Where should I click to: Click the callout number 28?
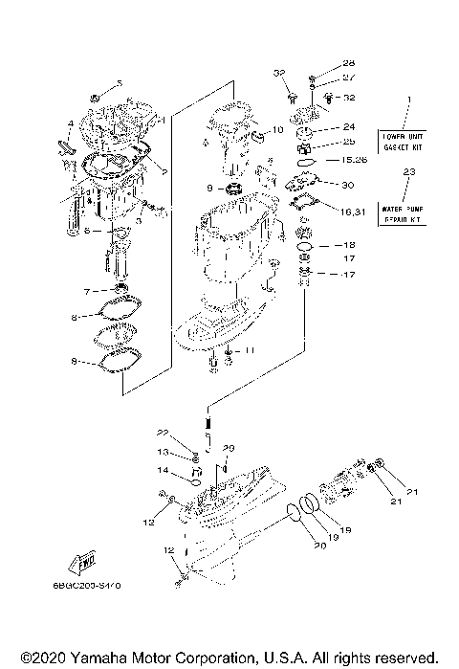349,62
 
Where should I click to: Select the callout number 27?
349,77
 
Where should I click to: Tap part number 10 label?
277,129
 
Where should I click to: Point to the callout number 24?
349,125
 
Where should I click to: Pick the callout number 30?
347,185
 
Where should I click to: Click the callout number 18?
349,245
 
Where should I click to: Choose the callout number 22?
163,434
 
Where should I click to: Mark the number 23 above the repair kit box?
409,172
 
